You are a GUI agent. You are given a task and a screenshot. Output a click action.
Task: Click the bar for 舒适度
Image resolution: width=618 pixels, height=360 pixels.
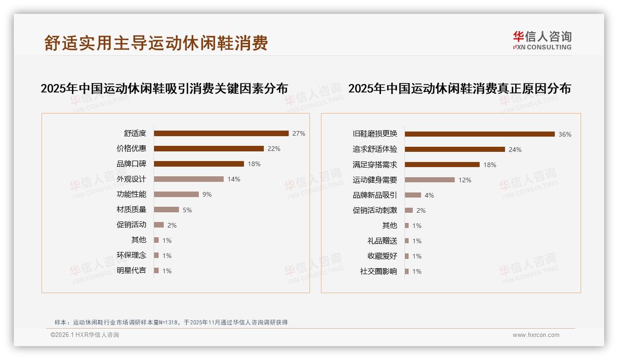pyautogui.click(x=221, y=133)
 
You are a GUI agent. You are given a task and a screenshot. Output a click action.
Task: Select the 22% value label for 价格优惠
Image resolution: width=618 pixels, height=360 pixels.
pyautogui.click(x=274, y=149)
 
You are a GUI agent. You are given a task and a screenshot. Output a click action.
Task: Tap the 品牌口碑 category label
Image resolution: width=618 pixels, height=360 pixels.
pyautogui.click(x=131, y=164)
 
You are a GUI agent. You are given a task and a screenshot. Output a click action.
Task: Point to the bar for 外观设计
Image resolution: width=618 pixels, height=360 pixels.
pyautogui.click(x=189, y=179)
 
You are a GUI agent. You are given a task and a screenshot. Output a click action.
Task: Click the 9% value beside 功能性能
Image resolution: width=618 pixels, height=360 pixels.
pyautogui.click(x=207, y=194)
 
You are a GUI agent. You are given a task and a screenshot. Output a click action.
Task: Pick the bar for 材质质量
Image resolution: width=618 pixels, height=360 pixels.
pyautogui.click(x=166, y=210)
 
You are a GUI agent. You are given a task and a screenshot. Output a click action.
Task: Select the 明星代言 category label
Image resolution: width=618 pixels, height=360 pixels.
pyautogui.click(x=131, y=270)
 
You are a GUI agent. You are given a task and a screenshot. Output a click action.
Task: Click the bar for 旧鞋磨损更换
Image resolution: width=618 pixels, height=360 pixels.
pyautogui.click(x=480, y=134)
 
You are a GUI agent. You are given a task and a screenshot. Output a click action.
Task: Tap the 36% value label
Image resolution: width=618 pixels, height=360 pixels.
pyautogui.click(x=565, y=134)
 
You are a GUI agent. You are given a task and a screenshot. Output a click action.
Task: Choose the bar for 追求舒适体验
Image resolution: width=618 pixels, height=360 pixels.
pyautogui.click(x=455, y=150)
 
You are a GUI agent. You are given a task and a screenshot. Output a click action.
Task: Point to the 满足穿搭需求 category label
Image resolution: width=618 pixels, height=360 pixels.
pyautogui.click(x=375, y=165)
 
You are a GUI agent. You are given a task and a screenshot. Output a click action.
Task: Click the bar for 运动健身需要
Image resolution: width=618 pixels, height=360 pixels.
pyautogui.click(x=430, y=180)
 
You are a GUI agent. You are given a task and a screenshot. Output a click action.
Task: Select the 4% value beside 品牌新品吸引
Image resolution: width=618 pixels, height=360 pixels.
pyautogui.click(x=429, y=195)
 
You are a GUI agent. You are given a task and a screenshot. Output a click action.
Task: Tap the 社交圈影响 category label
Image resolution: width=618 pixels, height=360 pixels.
pyautogui.click(x=379, y=271)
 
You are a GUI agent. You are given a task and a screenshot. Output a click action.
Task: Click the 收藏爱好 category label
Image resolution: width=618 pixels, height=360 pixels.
pyautogui.click(x=382, y=256)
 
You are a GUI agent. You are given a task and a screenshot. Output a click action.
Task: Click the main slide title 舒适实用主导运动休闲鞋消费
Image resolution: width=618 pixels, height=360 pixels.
pyautogui.click(x=156, y=43)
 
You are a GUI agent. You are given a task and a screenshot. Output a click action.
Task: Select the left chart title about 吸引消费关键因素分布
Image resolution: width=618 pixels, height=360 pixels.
pyautogui.click(x=164, y=88)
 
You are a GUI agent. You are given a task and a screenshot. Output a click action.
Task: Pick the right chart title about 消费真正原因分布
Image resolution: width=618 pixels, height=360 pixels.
pyautogui.click(x=459, y=88)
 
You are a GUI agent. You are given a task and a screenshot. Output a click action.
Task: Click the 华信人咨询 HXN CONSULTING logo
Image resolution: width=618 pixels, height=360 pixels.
pyautogui.click(x=542, y=40)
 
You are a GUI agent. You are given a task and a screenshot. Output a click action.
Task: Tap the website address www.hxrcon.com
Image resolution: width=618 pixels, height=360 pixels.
pyautogui.click(x=536, y=335)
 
